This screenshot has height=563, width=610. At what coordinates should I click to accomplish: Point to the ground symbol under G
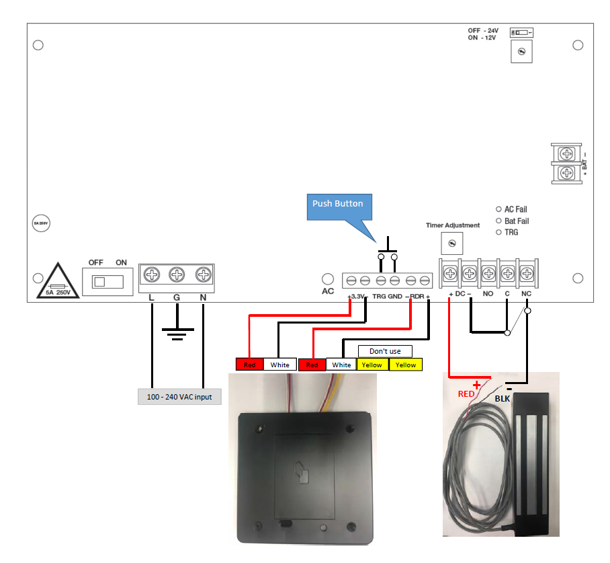(177, 333)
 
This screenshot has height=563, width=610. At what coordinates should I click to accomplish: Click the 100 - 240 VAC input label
(179, 397)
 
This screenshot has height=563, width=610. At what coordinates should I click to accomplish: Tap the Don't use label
(385, 351)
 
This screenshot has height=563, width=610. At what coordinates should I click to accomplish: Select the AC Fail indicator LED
(498, 209)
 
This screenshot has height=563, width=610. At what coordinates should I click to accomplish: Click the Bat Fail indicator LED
(498, 221)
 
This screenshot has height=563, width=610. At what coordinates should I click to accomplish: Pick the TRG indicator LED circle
(498, 232)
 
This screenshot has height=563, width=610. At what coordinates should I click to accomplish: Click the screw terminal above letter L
(152, 275)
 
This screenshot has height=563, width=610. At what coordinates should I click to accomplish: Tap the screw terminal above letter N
(202, 275)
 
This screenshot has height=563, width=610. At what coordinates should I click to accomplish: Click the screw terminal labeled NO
(488, 274)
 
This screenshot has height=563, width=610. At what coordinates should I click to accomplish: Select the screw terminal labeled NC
(527, 274)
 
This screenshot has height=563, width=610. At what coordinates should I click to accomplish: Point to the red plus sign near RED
(478, 385)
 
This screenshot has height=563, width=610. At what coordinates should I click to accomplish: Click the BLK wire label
(503, 398)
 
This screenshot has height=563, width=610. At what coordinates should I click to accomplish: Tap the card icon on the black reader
(302, 473)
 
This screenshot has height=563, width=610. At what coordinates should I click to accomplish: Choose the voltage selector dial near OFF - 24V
(521, 52)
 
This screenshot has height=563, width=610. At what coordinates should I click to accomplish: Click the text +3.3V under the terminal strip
(355, 297)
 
